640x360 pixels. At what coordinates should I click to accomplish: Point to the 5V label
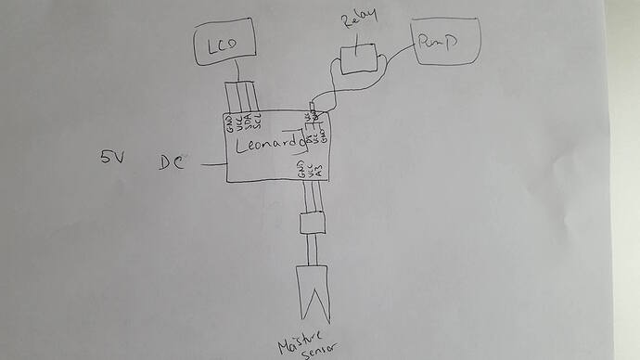[113, 158]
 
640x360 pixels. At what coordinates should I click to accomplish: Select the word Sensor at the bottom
[317, 344]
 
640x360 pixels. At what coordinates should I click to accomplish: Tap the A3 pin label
[319, 169]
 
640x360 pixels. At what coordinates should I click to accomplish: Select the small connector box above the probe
[310, 223]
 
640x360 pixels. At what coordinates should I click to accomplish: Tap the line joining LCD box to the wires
[239, 75]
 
